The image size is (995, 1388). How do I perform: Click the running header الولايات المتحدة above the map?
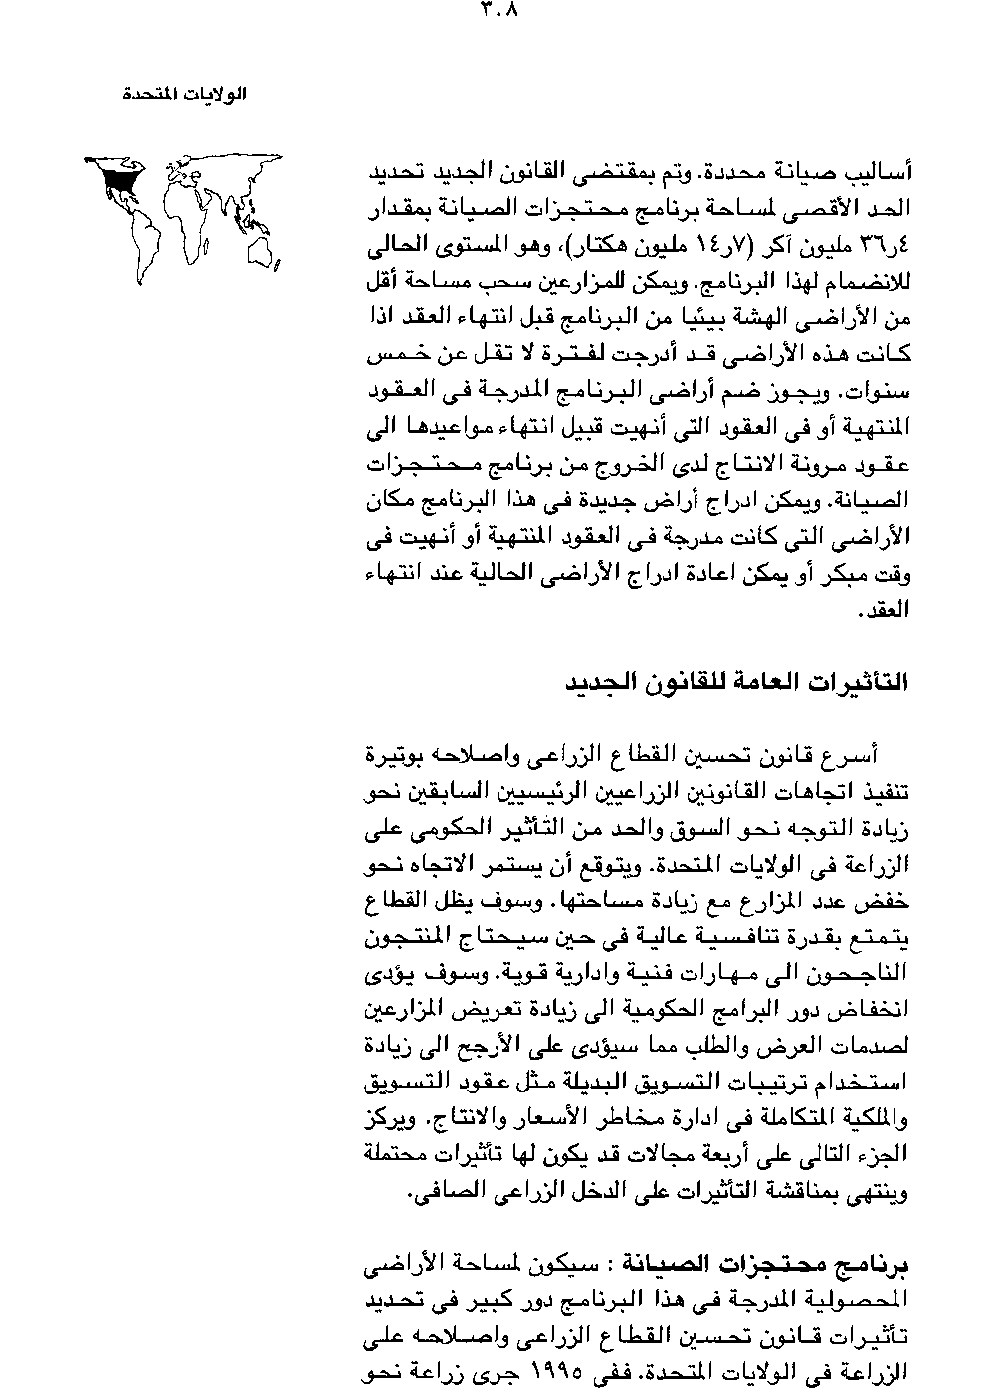[x=183, y=95]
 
